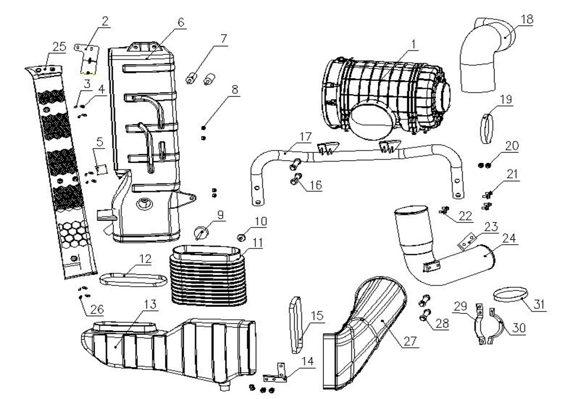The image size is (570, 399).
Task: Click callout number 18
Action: (x=527, y=19)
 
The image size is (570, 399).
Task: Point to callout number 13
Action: (x=150, y=304)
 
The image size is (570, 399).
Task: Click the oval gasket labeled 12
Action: (x=133, y=279)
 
